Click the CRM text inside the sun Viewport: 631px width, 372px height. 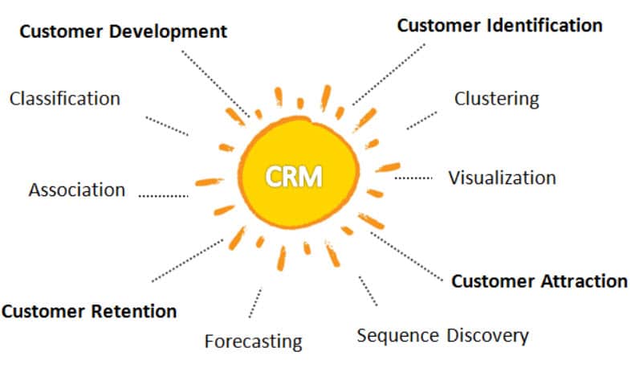click(294, 176)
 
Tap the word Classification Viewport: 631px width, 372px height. click(65, 99)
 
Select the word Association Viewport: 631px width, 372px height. click(77, 190)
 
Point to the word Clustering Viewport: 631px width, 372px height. click(497, 100)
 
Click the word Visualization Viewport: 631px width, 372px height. click(503, 178)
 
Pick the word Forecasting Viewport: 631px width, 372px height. click(253, 341)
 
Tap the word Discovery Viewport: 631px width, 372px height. click(488, 336)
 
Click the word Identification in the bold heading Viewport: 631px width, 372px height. click(545, 26)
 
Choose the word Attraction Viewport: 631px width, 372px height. click(584, 281)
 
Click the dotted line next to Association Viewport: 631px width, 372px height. click(164, 196)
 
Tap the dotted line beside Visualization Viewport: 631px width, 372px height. click(413, 178)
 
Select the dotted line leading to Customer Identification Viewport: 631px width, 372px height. click(389, 75)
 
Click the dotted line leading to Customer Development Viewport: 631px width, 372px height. click(216, 84)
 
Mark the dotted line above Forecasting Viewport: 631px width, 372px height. click(255, 303)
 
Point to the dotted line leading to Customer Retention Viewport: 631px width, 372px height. click(188, 261)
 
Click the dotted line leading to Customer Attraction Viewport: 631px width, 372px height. click(406, 256)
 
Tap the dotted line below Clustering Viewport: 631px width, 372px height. click(421, 121)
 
